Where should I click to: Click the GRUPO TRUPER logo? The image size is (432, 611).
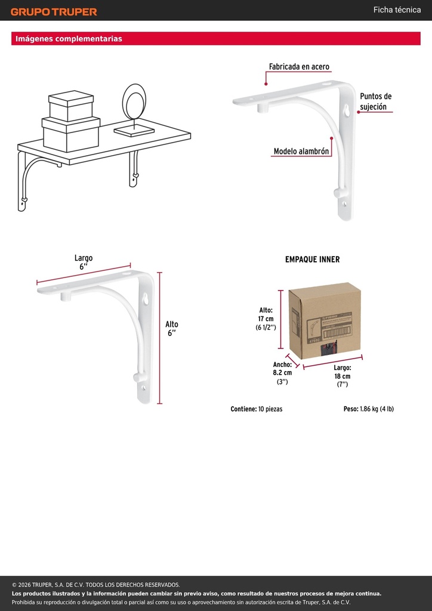54,12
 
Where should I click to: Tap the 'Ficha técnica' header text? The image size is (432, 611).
397,10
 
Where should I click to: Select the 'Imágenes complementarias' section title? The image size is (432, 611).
69,39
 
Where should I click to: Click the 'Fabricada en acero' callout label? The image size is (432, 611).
299,67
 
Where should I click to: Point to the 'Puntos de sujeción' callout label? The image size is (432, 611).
375,101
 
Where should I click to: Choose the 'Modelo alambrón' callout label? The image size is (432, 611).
301,151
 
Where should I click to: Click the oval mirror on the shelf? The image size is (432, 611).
134,102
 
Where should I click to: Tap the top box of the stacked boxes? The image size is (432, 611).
71,106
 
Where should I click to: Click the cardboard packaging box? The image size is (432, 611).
325,320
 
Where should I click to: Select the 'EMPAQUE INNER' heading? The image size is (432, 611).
313,260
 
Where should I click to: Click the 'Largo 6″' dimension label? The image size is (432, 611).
84,263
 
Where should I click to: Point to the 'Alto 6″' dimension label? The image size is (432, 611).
171,329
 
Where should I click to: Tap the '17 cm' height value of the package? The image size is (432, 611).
266,319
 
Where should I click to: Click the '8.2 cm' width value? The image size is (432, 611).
282,372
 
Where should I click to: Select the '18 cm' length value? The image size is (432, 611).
342,376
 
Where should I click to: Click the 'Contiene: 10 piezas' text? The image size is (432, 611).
257,409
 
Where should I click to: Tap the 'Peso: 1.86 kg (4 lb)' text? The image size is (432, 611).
369,409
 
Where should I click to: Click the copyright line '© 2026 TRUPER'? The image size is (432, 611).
96,585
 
